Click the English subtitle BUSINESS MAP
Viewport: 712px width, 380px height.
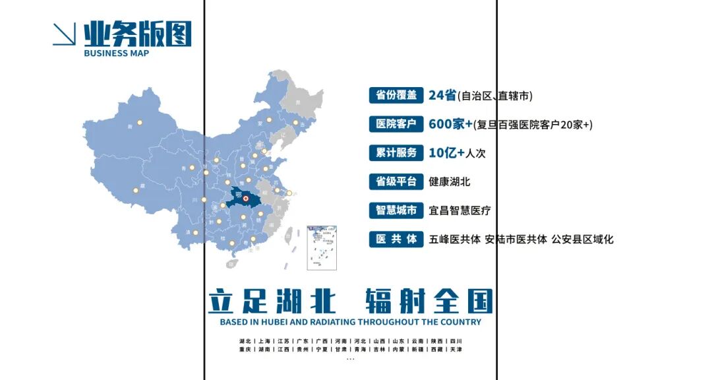[117, 53]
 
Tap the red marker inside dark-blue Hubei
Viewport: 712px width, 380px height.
[245, 198]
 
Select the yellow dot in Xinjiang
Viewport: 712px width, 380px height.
[139, 122]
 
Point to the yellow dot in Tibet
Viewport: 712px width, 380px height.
[136, 190]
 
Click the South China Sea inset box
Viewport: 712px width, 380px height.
[322, 248]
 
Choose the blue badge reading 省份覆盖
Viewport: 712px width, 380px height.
[396, 95]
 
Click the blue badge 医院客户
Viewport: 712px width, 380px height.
[396, 123]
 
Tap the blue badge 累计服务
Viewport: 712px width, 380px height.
[396, 152]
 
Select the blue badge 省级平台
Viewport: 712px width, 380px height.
[396, 181]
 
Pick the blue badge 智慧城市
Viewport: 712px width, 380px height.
[396, 210]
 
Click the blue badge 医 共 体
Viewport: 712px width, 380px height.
[396, 239]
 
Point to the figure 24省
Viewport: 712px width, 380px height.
[442, 95]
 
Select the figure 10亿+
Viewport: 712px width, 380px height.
[447, 152]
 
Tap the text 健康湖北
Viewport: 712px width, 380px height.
[450, 181]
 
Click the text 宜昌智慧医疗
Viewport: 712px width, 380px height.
[460, 210]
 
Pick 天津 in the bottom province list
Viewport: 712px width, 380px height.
[456, 349]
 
